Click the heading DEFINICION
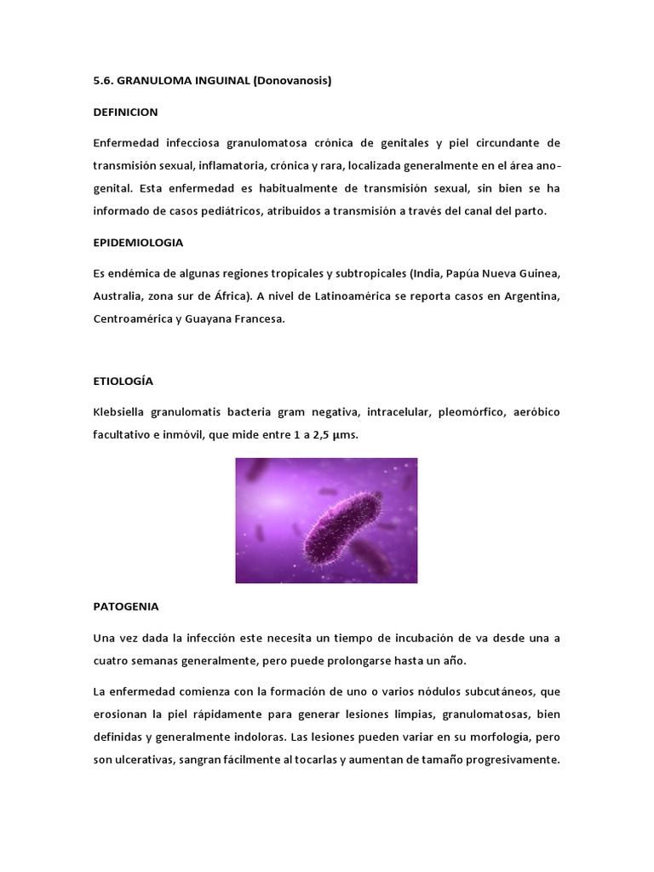click(125, 112)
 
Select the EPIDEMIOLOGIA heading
click(138, 242)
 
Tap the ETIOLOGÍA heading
click(123, 381)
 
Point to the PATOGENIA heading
click(125, 607)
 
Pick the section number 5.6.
click(103, 81)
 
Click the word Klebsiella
click(119, 412)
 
